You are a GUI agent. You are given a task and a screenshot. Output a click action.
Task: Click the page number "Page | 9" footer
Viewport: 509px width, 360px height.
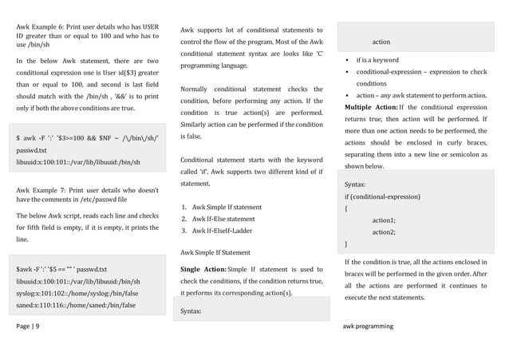tap(31, 326)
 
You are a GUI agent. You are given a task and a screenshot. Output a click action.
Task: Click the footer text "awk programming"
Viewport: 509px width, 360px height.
tap(368, 326)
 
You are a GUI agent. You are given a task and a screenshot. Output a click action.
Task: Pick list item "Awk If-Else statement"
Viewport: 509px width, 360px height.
tap(218, 219)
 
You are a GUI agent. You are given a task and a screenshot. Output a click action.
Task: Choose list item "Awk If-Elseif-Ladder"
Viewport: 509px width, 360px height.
tap(217, 231)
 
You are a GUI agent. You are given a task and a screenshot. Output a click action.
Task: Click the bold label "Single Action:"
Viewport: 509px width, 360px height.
tap(203, 269)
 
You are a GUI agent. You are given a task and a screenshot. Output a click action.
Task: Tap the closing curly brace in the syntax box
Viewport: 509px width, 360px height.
tap(346, 243)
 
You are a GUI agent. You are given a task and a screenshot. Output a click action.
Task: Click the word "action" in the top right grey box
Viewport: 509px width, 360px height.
tap(381, 42)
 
